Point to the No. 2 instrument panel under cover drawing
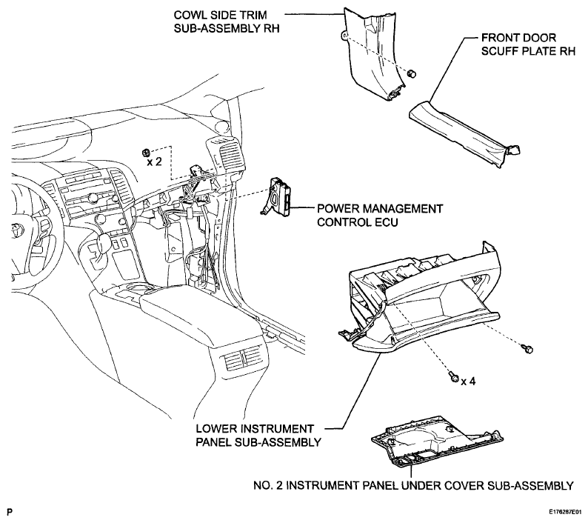pyautogui.click(x=437, y=441)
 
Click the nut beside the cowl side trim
pyautogui.click(x=412, y=73)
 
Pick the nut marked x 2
pyautogui.click(x=146, y=152)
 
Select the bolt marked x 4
pyautogui.click(x=454, y=376)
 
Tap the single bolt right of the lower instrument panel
pyautogui.click(x=527, y=349)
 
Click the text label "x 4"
pyautogui.click(x=468, y=382)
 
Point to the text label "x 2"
pyautogui.click(x=155, y=161)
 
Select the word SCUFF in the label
pyautogui.click(x=497, y=51)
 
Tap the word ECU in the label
pyautogui.click(x=387, y=222)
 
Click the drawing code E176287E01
pyautogui.click(x=566, y=512)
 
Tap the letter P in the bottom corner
pyautogui.click(x=9, y=512)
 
